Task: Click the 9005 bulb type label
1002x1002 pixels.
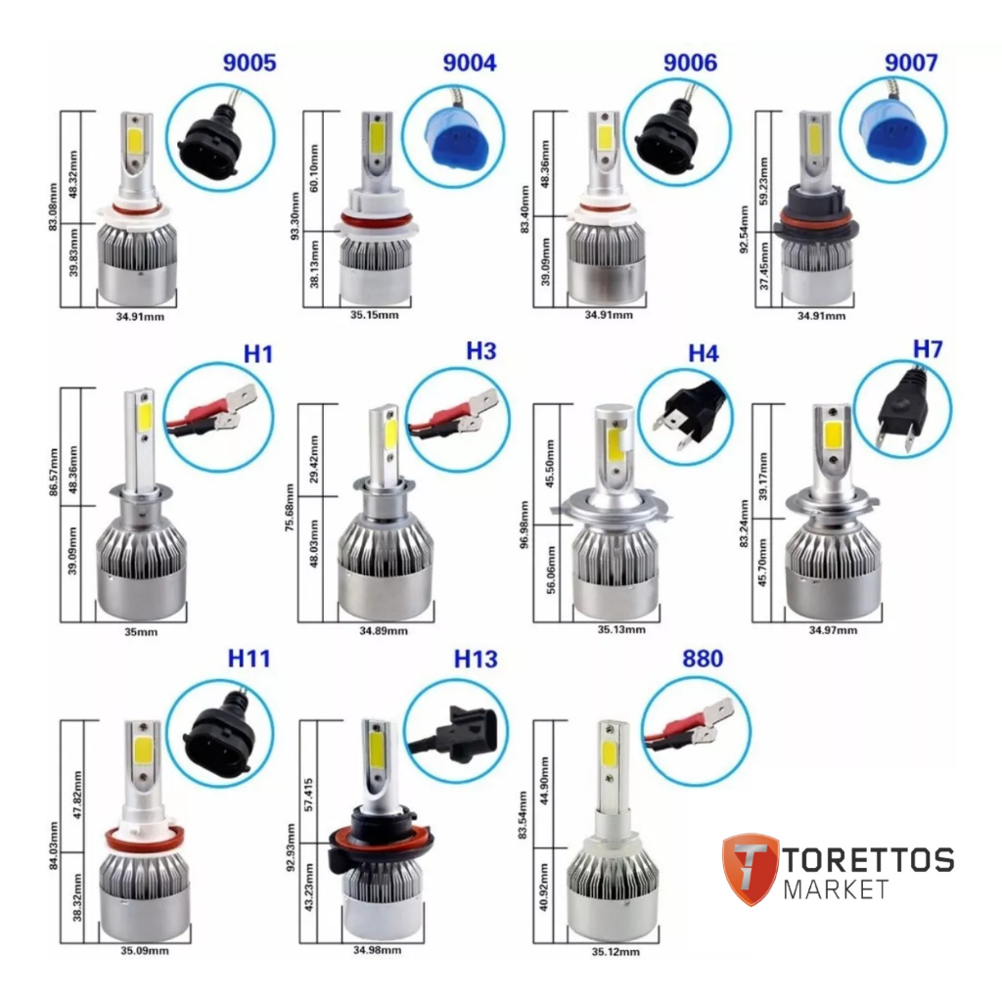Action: click(250, 65)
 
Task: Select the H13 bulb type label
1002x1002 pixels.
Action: click(476, 660)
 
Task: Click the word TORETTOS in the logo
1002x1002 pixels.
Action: click(868, 859)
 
